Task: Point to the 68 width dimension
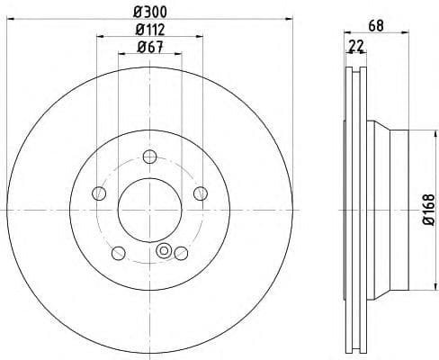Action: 377,26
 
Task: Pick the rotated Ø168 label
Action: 429,210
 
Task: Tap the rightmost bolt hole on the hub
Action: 200,192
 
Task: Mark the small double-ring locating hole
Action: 164,251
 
